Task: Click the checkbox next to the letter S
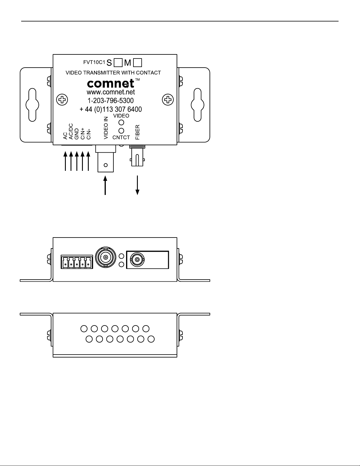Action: click(x=118, y=62)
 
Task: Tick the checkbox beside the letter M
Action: click(x=138, y=62)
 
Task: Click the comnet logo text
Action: click(x=111, y=84)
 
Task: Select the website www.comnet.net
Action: click(x=111, y=92)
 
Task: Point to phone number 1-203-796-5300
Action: click(x=111, y=101)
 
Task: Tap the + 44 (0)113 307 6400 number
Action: click(x=111, y=109)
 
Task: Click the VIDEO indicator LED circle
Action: click(x=121, y=122)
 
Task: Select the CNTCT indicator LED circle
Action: click(x=121, y=130)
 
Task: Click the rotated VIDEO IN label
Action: click(x=106, y=128)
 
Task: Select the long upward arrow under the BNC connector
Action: click(x=105, y=185)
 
